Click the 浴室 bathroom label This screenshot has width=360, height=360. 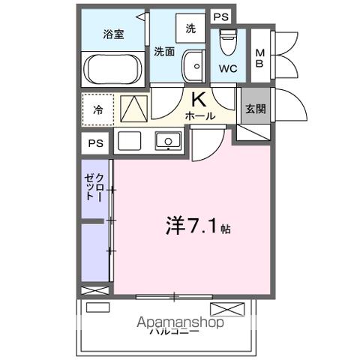click(x=113, y=34)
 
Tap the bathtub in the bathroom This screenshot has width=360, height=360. click(x=113, y=70)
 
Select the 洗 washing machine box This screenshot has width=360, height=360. click(x=190, y=28)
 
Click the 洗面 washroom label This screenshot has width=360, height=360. click(x=165, y=52)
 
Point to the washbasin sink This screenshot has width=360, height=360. click(x=193, y=67)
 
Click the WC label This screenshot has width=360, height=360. click(x=228, y=68)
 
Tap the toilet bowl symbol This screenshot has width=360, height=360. click(x=227, y=38)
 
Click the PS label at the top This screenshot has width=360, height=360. click(x=220, y=16)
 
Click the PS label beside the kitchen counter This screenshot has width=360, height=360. click(x=95, y=142)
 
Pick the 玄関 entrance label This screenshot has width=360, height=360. click(x=255, y=109)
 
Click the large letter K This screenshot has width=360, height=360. click(x=199, y=100)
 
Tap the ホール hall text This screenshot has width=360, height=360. click(x=200, y=116)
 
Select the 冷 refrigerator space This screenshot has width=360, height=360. click(x=98, y=109)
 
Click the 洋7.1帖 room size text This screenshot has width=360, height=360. click(x=196, y=225)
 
